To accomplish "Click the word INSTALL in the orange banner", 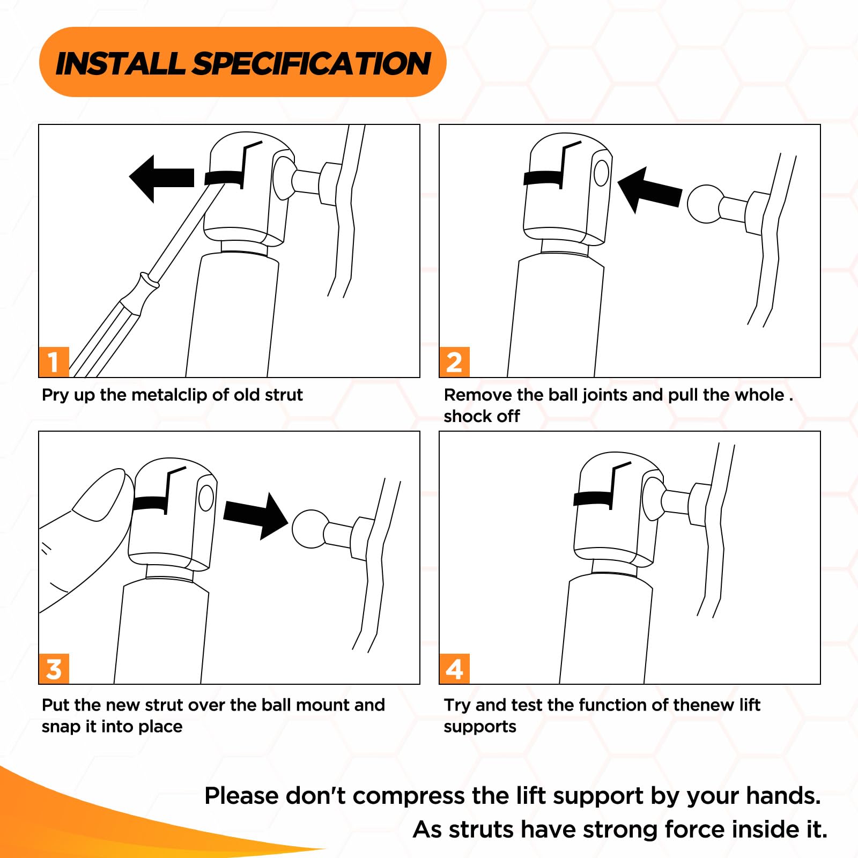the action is [121, 63].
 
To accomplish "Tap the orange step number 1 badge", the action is [54, 362].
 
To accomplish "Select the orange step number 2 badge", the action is [454, 362].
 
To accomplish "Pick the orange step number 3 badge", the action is [54, 669].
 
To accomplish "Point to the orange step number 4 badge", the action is [454, 669].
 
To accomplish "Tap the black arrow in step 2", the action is [649, 189].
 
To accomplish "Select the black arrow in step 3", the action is [256, 515].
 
